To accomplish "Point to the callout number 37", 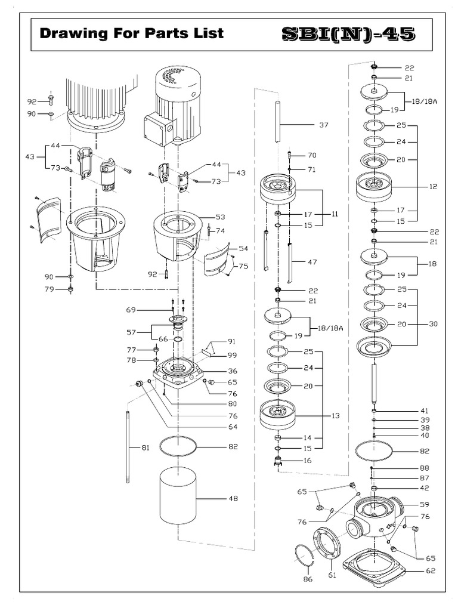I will point(324,125).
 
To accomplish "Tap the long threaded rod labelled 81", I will point(128,448).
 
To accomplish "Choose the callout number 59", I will point(425,504).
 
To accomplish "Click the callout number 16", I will point(308,461).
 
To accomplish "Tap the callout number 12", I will point(433,187).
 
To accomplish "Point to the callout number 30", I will point(433,324).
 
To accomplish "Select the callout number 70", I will point(311,155).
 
